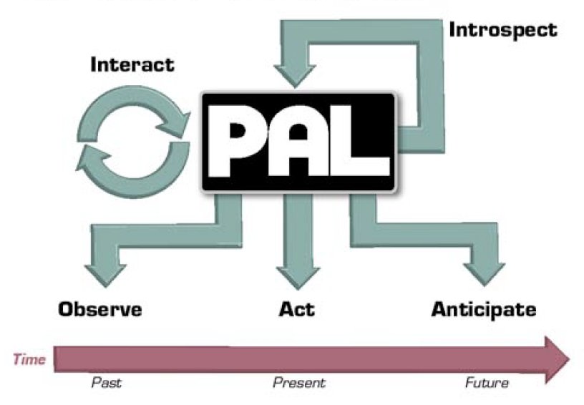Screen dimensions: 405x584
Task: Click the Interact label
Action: (x=132, y=64)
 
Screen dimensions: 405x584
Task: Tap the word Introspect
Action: (x=502, y=30)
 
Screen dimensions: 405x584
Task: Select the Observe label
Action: (x=100, y=310)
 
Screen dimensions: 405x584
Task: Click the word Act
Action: (x=296, y=310)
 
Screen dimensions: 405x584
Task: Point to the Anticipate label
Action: (x=483, y=310)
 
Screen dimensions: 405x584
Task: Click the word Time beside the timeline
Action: (x=29, y=358)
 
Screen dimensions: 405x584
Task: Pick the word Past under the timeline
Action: (x=107, y=383)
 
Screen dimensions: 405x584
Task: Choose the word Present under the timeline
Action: (x=298, y=383)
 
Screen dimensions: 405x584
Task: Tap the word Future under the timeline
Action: (x=487, y=383)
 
